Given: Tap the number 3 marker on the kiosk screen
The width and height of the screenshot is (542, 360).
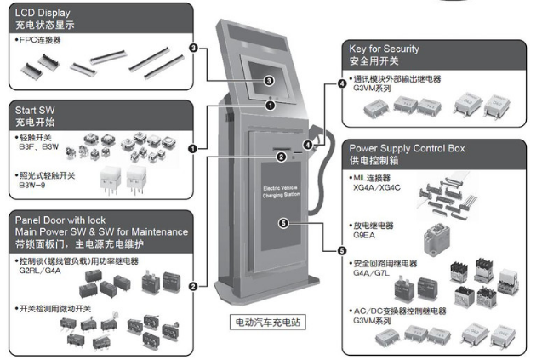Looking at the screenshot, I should tap(269, 81).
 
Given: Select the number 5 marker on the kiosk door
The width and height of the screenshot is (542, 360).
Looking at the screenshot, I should tap(282, 224).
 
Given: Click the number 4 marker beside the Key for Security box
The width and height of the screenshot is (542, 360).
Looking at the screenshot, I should tap(342, 83).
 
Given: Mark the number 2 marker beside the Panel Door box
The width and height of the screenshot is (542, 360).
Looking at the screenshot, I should tap(193, 286).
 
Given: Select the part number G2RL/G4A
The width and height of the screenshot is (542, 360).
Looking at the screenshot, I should tap(43, 271).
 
